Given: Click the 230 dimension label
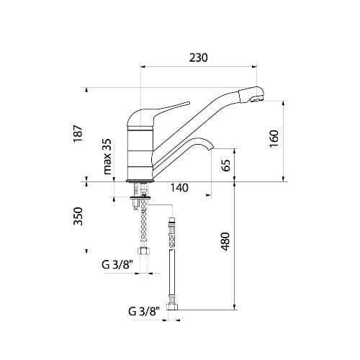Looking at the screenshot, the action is [199, 58].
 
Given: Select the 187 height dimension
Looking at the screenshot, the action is [78, 134].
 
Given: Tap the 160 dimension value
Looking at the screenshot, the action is [274, 139].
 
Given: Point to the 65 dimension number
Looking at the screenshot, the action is [226, 165].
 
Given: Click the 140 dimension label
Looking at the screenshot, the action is [179, 188].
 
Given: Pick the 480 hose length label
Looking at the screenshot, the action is [225, 241].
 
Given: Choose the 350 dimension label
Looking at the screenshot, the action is [78, 216].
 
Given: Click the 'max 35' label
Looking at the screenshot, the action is [107, 156].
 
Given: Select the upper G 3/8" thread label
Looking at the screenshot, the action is [117, 265].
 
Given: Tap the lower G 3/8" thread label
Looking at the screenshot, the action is [144, 312].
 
